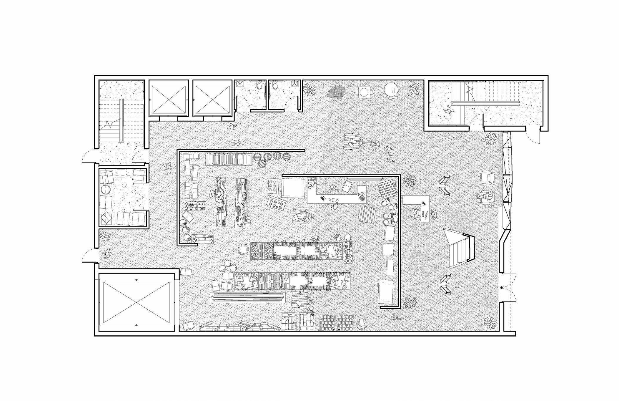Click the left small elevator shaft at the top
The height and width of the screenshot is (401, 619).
click(x=168, y=100)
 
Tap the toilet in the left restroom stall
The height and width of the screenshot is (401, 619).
click(x=259, y=86)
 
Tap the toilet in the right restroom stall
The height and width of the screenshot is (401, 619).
click(x=275, y=86)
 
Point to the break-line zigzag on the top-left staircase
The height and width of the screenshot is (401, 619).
click(x=110, y=125)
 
